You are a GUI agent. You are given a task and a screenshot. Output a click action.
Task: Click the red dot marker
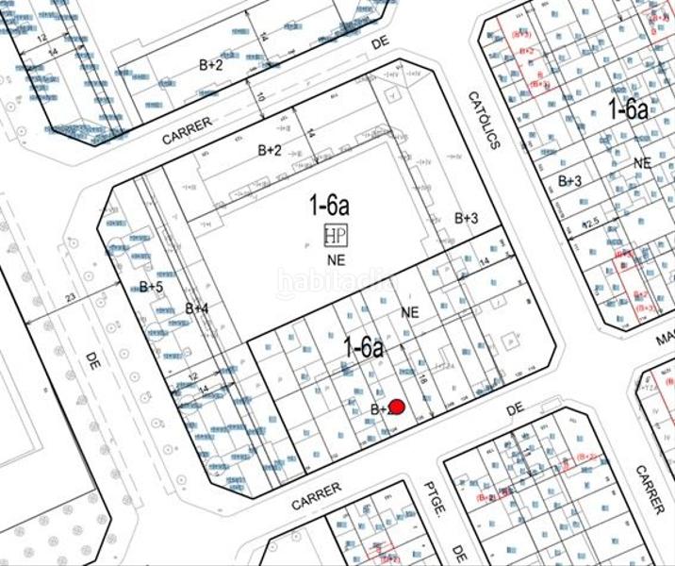398,408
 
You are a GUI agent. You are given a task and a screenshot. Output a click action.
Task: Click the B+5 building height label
152,287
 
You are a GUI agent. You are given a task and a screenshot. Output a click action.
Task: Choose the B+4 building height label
196,308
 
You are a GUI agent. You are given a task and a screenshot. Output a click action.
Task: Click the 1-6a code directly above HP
330,203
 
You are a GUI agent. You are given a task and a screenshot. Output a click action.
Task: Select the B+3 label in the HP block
467,218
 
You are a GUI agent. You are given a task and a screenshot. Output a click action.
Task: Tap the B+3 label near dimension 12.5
569,180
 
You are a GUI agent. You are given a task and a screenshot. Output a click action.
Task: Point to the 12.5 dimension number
590,224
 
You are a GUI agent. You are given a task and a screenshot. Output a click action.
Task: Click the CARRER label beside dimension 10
187,130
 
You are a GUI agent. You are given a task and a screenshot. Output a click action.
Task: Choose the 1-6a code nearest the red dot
363,347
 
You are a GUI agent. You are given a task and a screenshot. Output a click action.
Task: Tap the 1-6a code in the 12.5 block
627,108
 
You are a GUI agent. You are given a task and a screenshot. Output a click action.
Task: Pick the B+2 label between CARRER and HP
270,150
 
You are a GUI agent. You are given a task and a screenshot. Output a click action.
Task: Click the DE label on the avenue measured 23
92,359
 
